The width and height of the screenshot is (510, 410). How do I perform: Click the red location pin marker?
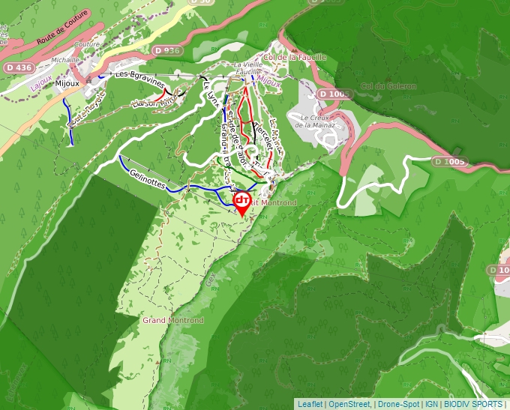241,202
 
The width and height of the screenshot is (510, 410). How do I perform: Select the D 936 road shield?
167,50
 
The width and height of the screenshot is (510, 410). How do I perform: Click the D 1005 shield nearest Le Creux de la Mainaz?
334,94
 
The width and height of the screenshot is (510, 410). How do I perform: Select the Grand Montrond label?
173,320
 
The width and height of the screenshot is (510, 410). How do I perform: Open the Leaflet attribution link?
310,404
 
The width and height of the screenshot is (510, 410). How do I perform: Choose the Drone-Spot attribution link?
398,404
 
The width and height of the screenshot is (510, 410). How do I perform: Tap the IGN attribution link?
432,404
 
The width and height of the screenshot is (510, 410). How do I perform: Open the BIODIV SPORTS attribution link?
472,404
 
